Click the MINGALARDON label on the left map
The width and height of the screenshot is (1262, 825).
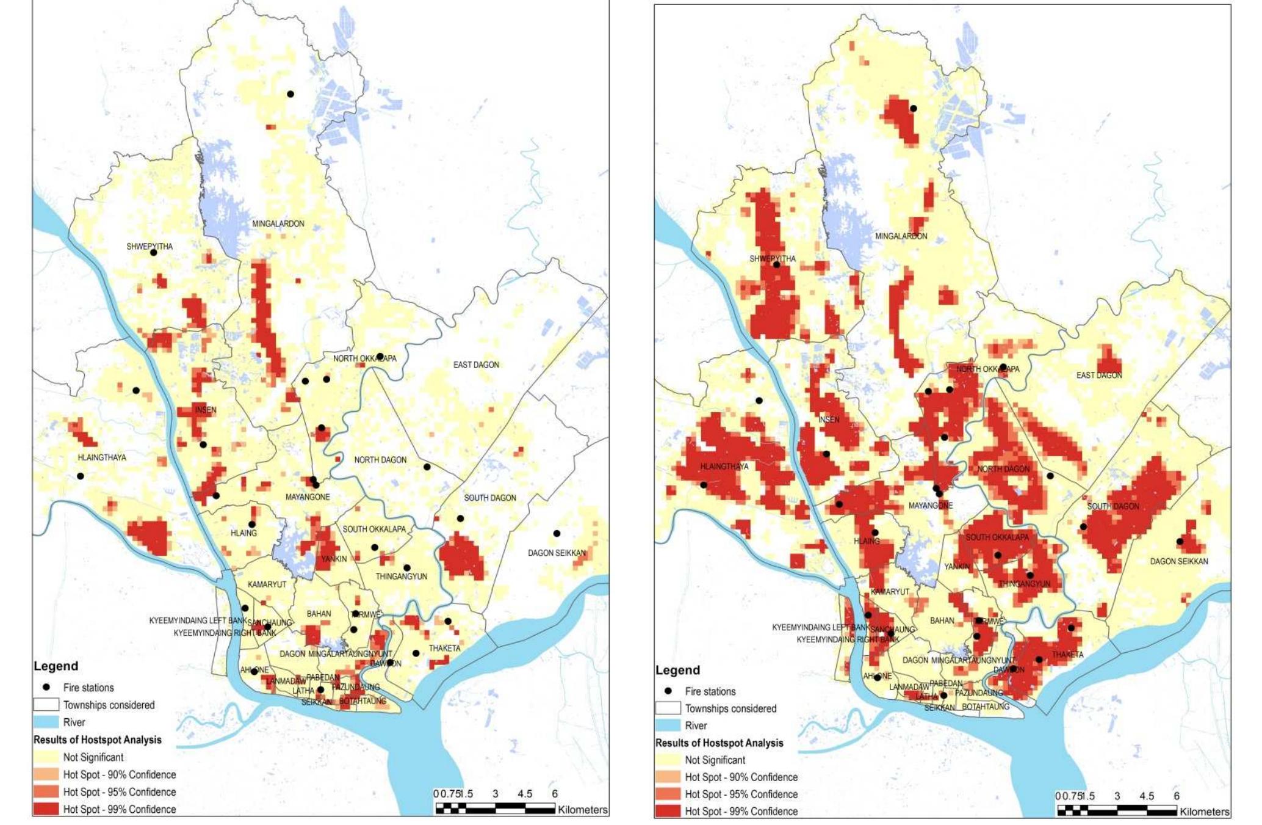point(278,224)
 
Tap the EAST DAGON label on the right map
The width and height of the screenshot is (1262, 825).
point(1098,376)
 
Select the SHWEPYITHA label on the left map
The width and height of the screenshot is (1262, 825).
point(149,247)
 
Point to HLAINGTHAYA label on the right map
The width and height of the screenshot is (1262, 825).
point(724,467)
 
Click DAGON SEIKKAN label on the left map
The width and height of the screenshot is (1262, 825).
point(557,553)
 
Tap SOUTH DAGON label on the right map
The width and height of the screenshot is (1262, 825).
point(1112,506)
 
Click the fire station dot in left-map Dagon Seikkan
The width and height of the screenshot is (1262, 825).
point(557,534)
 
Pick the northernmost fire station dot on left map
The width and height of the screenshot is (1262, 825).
point(290,94)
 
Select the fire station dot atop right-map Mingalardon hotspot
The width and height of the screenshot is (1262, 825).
point(914,109)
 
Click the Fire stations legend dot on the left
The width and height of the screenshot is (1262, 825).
point(46,687)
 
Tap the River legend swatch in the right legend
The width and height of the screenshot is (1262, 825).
point(668,725)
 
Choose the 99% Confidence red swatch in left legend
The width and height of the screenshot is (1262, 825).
point(46,809)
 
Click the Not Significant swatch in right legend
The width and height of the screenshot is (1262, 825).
point(668,760)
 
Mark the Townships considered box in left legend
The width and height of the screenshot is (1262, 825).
point(46,705)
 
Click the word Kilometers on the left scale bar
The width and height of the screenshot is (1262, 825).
point(582,810)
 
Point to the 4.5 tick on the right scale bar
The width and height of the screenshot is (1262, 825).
point(1146,796)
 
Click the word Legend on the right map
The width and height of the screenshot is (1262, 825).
point(677,670)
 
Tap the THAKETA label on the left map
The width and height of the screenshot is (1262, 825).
point(444,649)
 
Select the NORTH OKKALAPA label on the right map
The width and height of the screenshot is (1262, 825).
point(987,369)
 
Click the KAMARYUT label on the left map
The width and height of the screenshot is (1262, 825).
point(267,584)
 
